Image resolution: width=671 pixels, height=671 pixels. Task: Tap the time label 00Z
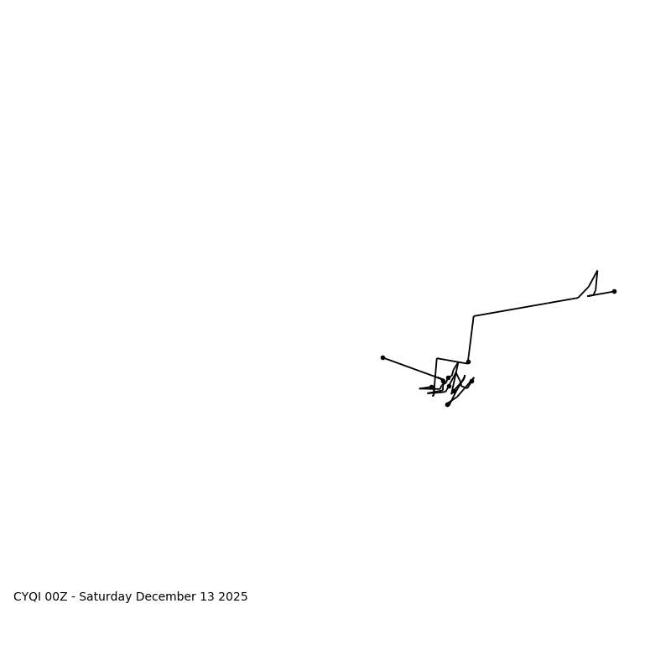[57, 597]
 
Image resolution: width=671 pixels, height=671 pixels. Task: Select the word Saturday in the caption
[107, 597]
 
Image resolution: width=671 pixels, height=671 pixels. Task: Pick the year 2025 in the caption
[233, 597]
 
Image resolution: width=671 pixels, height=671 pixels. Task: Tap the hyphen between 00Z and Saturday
[74, 597]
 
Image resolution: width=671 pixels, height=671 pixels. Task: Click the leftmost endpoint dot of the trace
[382, 357]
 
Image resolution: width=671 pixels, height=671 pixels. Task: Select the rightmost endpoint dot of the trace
[614, 291]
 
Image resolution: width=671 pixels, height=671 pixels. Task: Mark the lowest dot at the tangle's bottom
[447, 404]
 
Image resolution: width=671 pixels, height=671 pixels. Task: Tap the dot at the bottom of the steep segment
[468, 362]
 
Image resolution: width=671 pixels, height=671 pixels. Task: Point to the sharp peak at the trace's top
[597, 271]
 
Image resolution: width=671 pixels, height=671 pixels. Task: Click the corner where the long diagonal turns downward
[474, 316]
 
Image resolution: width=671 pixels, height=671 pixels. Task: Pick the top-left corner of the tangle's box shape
[437, 358]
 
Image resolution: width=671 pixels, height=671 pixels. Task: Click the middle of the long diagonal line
[526, 307]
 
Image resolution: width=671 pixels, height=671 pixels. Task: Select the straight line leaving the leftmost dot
[411, 368]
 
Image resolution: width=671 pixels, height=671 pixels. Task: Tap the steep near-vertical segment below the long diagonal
[471, 339]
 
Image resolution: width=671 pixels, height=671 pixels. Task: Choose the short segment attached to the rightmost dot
[601, 294]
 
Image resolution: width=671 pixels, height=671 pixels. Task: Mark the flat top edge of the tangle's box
[452, 361]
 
